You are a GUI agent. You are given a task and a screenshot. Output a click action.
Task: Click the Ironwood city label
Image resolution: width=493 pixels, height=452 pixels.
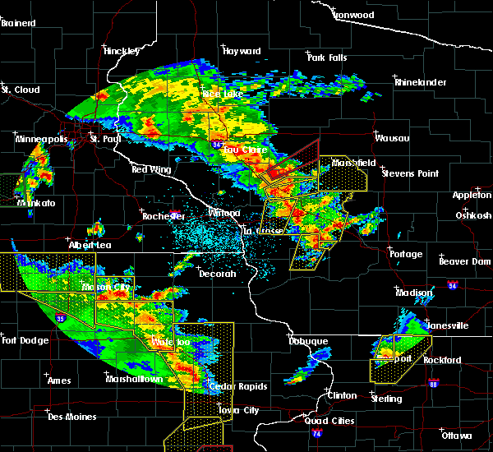[353, 15]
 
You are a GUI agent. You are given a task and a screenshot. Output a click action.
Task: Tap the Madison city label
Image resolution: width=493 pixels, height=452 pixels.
[414, 293]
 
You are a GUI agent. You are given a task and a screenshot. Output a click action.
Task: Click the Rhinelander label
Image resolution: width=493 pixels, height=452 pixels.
[419, 82]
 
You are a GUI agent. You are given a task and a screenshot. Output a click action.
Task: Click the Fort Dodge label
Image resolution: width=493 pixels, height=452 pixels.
[21, 340]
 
